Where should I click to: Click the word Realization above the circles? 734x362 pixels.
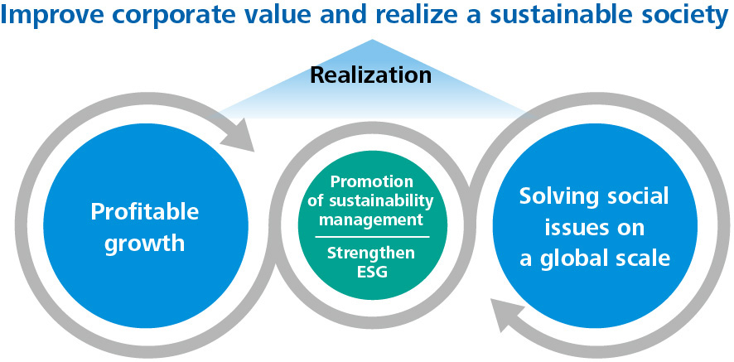[x=370, y=75]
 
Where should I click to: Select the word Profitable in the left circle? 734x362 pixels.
[x=144, y=211]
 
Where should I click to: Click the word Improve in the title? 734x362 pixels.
[x=46, y=17]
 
